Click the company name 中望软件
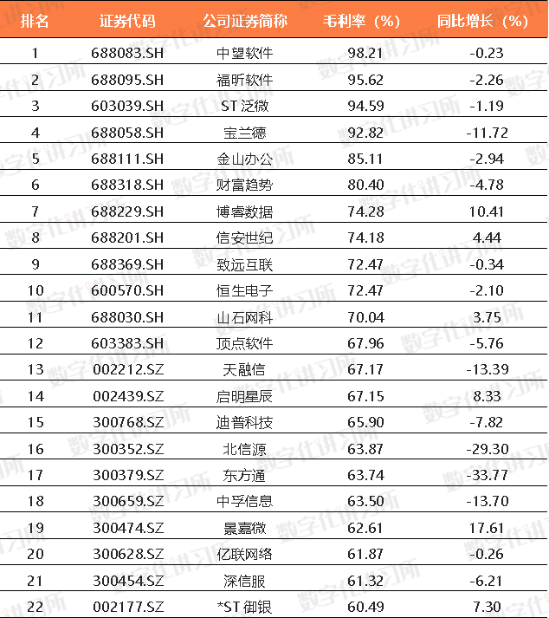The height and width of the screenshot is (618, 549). tap(245, 54)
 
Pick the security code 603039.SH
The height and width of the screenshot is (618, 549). tap(127, 107)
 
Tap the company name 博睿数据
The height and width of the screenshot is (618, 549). tap(245, 211)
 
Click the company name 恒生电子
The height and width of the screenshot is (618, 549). tap(245, 290)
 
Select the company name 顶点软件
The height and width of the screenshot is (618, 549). tap(245, 343)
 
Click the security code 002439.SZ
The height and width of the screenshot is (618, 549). tap(127, 396)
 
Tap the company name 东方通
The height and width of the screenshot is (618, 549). tap(245, 475)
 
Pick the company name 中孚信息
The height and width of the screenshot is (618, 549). tap(245, 501)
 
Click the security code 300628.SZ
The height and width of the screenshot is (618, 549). tap(127, 554)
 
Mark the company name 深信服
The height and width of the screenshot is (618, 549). tap(245, 580)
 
